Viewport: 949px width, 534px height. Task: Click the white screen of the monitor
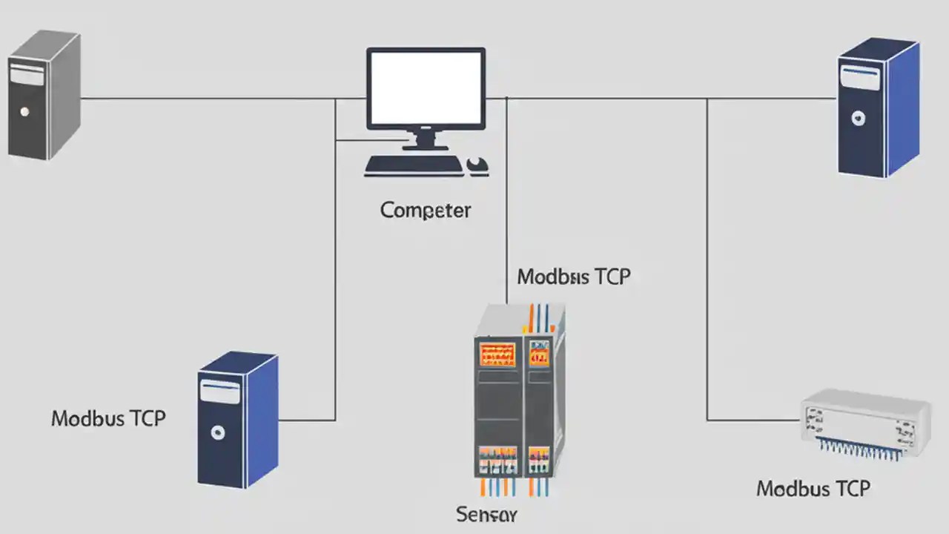click(426, 88)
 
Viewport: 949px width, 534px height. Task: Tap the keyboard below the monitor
click(413, 165)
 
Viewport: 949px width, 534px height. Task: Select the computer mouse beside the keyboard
click(477, 165)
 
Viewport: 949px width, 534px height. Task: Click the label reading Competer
click(426, 210)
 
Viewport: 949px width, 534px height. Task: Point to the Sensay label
click(486, 514)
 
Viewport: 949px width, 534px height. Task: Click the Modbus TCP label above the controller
click(573, 277)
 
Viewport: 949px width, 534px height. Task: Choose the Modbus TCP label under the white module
click(813, 489)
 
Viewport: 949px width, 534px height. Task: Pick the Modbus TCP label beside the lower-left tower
click(108, 418)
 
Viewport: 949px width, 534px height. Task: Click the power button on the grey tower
click(24, 112)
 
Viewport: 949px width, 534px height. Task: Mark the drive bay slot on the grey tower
click(27, 76)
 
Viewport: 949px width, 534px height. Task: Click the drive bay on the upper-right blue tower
click(861, 76)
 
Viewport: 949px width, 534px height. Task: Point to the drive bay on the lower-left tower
click(219, 392)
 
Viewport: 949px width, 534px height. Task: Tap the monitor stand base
click(425, 146)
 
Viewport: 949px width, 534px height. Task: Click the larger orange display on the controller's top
click(497, 353)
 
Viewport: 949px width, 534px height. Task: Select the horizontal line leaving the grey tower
click(208, 98)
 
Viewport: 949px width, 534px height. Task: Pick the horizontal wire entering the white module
click(753, 421)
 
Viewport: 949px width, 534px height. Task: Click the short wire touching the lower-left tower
click(306, 421)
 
